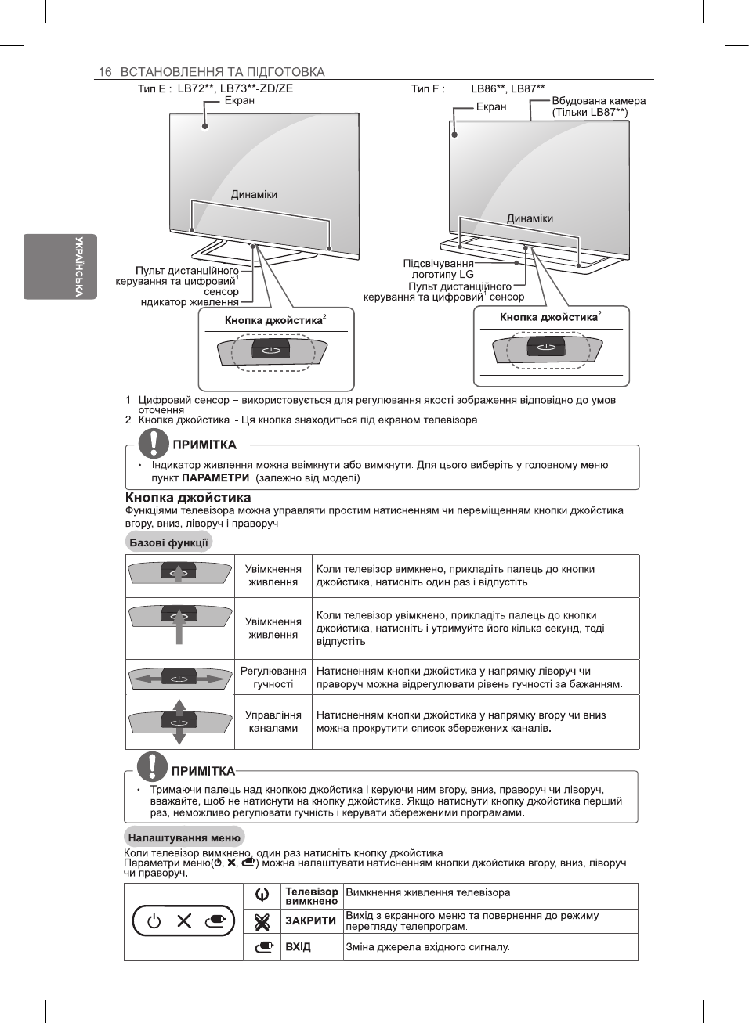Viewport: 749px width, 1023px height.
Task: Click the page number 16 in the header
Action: click(104, 72)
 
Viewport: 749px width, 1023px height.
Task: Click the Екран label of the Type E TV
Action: click(239, 100)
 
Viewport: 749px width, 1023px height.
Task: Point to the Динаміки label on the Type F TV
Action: click(530, 218)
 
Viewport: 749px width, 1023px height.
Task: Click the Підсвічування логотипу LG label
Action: click(439, 269)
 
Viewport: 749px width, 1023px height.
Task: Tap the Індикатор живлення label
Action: click(188, 302)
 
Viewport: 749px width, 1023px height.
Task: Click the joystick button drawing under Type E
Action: click(271, 349)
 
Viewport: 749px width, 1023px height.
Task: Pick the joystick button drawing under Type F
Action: click(546, 347)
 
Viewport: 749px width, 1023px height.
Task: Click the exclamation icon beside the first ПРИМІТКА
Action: click(154, 444)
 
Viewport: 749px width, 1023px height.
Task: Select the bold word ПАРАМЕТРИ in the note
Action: click(215, 478)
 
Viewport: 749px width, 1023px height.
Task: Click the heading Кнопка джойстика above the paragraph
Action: click(188, 497)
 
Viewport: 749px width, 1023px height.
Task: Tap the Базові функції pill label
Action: click(168, 542)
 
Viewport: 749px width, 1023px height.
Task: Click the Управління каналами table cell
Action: click(273, 722)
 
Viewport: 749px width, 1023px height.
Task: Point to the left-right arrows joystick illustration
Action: click(179, 678)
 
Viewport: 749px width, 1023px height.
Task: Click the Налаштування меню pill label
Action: click(184, 837)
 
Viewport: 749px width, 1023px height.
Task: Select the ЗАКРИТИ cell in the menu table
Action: click(311, 921)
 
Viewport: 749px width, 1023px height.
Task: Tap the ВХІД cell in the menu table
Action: click(299, 947)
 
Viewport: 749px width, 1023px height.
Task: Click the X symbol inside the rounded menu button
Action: click(184, 921)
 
